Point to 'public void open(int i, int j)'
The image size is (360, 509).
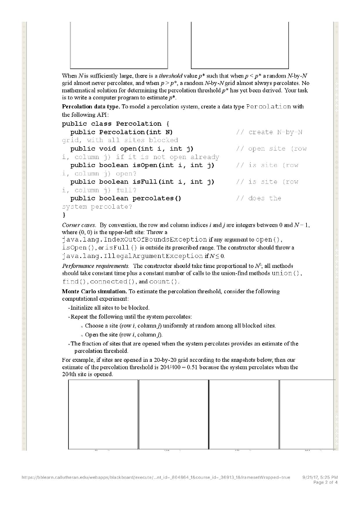pyautogui.click(x=132, y=149)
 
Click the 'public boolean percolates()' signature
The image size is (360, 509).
pyautogui.click(x=126, y=198)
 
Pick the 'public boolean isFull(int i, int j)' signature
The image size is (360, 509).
pyautogui.click(x=142, y=181)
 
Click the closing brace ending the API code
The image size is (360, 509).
pyautogui.click(x=63, y=215)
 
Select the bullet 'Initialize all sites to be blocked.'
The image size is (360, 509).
pyautogui.click(x=110, y=308)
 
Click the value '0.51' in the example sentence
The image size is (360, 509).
pyautogui.click(x=207, y=367)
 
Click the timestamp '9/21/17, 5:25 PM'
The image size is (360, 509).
pyautogui.click(x=320, y=476)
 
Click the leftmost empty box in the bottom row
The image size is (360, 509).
pyautogui.click(x=103, y=414)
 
